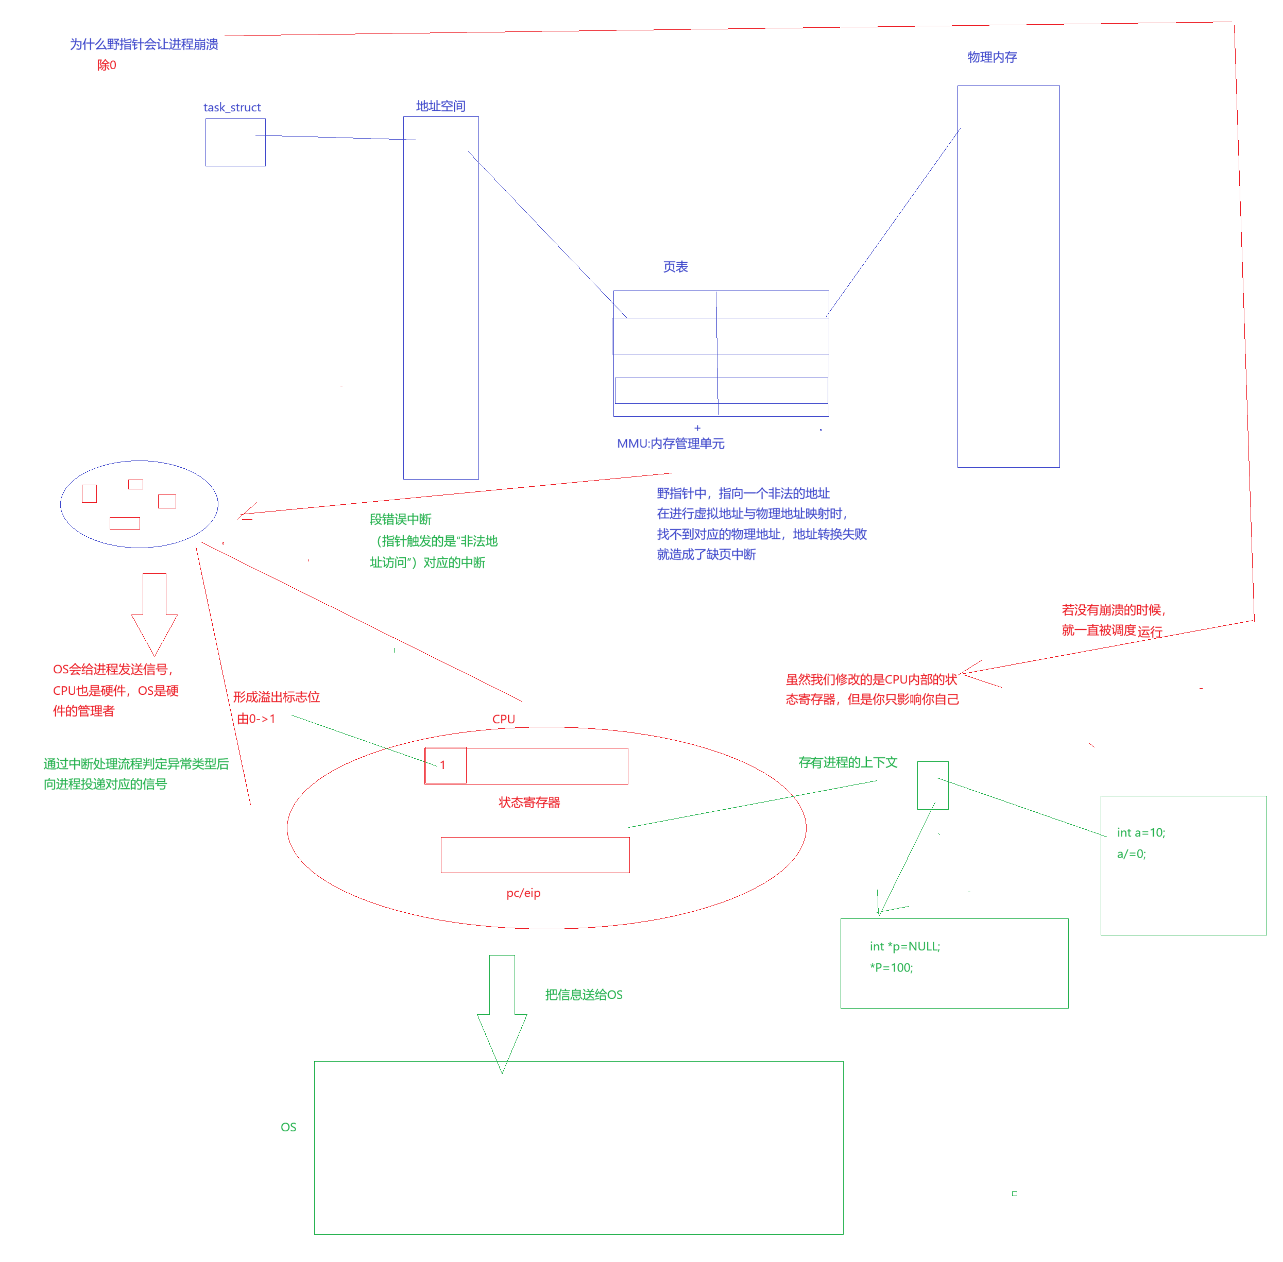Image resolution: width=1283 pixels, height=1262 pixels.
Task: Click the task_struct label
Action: (x=232, y=107)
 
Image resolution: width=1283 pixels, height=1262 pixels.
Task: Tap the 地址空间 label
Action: (x=441, y=106)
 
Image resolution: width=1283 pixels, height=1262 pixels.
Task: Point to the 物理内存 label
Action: (x=992, y=57)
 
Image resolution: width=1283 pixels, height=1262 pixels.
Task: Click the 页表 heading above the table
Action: (x=675, y=267)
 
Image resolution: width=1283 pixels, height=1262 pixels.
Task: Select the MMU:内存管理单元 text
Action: (x=671, y=444)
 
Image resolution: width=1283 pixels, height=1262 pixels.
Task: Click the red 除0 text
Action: (x=106, y=65)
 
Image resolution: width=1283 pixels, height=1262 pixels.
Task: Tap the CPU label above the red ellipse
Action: (x=504, y=719)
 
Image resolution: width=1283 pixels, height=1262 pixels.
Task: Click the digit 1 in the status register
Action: (x=442, y=765)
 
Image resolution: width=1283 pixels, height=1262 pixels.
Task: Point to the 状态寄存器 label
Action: (x=529, y=803)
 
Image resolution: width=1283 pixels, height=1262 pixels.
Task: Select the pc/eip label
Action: (x=523, y=894)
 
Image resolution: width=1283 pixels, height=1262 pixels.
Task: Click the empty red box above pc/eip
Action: (x=535, y=855)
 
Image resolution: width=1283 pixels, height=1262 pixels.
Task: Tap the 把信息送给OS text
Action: (x=584, y=995)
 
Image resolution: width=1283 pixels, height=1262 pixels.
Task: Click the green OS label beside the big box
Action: (x=288, y=1128)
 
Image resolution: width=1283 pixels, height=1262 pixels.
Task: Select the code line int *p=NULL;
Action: (x=904, y=947)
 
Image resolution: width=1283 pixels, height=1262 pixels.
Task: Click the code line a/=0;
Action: (x=1131, y=855)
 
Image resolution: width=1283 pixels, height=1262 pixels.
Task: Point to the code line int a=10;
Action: (x=1140, y=833)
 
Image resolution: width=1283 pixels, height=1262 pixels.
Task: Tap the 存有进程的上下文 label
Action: (x=848, y=763)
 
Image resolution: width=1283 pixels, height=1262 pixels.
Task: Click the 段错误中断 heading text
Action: (x=400, y=520)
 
